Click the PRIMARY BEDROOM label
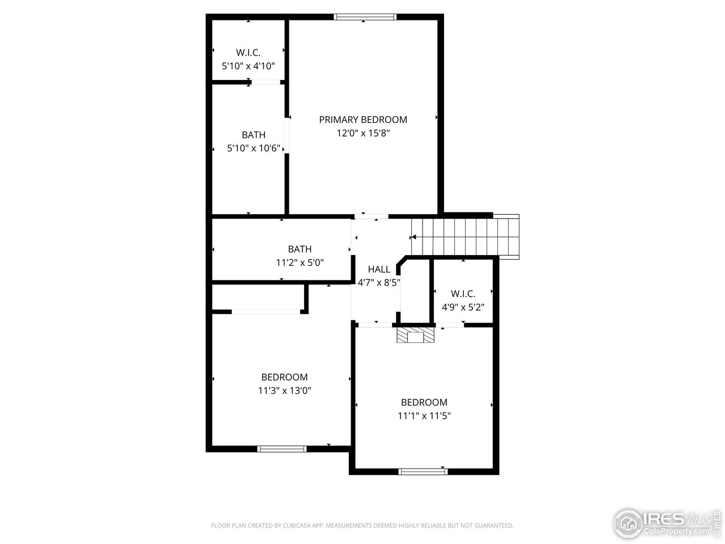[362, 120]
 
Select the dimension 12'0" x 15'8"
[362, 133]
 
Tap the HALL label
[378, 269]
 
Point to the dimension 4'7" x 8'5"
[378, 282]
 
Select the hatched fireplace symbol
[415, 335]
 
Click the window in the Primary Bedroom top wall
[365, 17]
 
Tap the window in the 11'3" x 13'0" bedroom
[282, 449]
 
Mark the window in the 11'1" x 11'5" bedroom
[423, 471]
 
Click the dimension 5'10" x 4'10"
[248, 66]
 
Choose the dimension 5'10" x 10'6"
[253, 148]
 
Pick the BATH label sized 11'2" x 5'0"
[299, 249]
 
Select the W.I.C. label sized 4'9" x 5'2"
[463, 294]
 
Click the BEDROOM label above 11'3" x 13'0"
[284, 377]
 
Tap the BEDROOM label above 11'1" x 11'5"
[424, 402]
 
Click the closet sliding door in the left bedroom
[266, 311]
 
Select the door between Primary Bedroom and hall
[372, 216]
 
